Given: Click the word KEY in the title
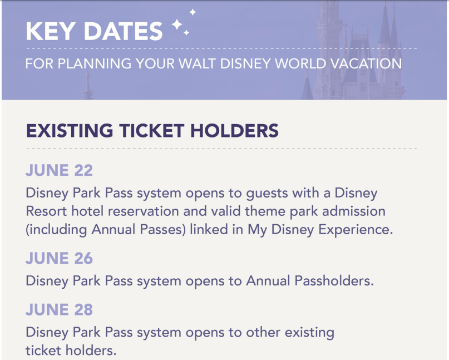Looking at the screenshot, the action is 51,31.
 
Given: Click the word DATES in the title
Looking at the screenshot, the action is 123,31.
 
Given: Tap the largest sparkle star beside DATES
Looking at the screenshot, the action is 177,24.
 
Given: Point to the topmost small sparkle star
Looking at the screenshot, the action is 193,12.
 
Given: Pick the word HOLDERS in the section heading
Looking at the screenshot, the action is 235,131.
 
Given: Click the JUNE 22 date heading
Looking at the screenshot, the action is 60,170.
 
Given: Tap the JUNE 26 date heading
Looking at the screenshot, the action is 60,258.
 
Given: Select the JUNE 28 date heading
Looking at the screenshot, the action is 60,309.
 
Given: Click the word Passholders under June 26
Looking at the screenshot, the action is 334,280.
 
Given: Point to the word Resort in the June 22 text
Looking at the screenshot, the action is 46,211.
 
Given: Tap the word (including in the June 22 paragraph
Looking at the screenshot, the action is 56,230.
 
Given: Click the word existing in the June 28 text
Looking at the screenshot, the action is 309,333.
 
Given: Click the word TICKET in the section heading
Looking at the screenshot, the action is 152,131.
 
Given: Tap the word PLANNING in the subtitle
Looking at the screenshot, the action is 95,63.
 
